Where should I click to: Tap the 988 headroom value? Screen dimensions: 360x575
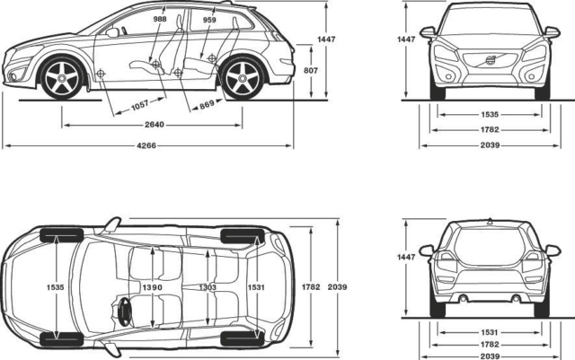tap(160, 18)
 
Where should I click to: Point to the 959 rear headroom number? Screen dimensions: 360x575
tap(209, 18)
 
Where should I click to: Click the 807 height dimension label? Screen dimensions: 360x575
tap(310, 69)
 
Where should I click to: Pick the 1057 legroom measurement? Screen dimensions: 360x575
tap(139, 105)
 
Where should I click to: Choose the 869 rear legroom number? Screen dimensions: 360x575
tap(207, 105)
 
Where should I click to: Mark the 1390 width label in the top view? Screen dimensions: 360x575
tap(153, 286)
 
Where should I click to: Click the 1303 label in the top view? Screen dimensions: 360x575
tap(208, 286)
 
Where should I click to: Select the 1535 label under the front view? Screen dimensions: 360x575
tap(490, 115)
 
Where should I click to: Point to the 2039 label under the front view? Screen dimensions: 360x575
tap(490, 145)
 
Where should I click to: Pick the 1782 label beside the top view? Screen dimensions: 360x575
tap(310, 286)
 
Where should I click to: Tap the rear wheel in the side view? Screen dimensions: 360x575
tap(240, 78)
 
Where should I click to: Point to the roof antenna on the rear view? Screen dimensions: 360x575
tap(490, 220)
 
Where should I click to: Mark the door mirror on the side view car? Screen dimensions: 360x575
tap(112, 32)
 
